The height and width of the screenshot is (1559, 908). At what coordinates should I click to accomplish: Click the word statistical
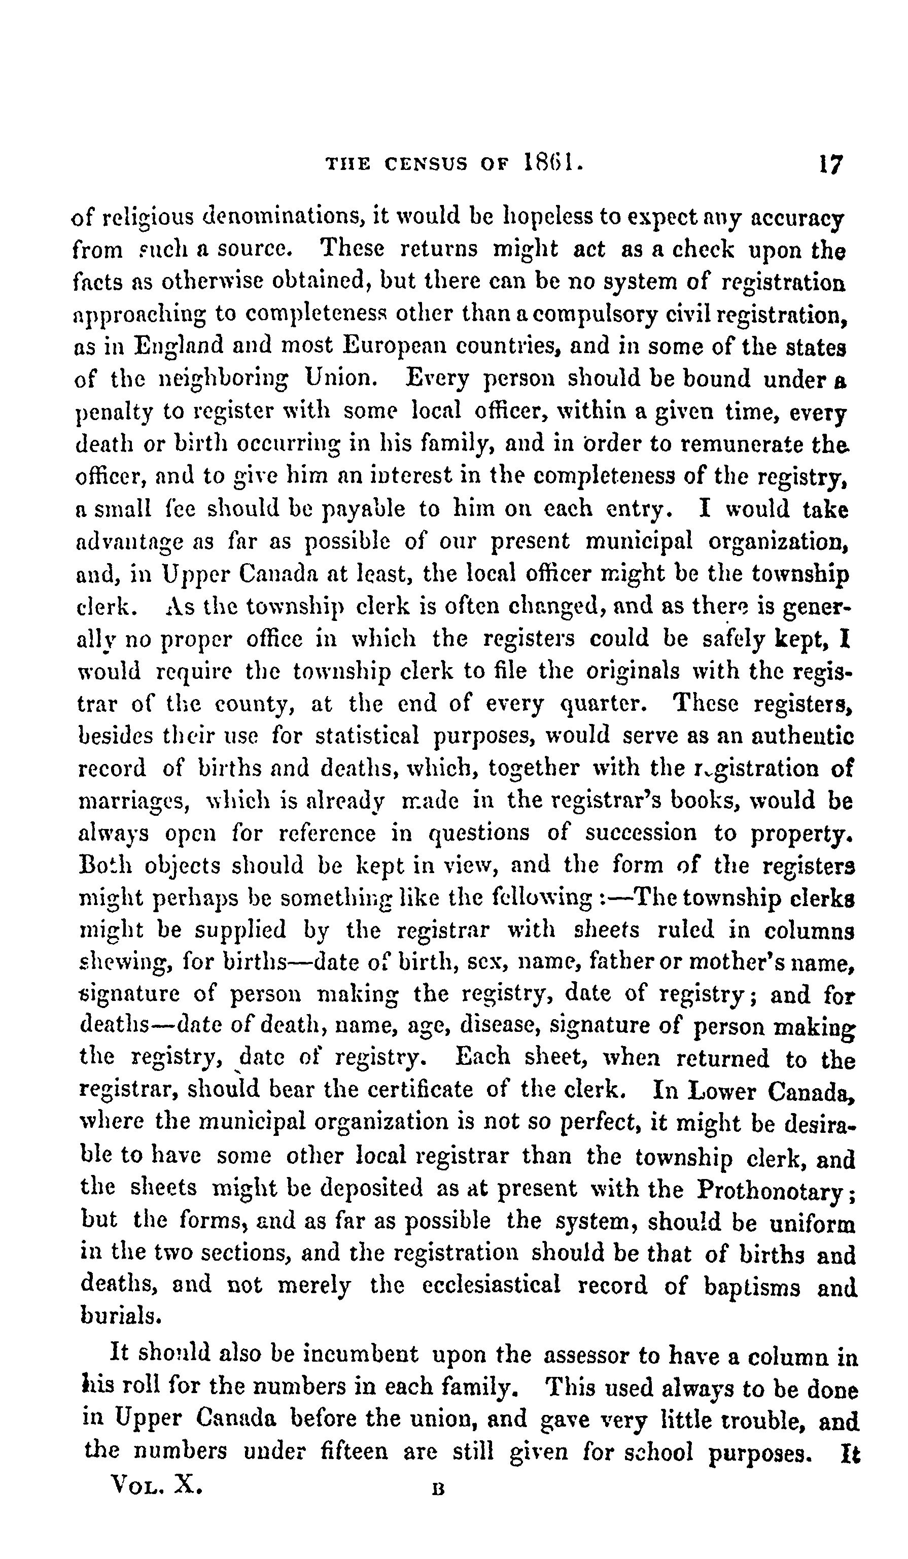coord(366,736)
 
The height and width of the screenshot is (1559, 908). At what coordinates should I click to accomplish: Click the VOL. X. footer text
coord(155,1483)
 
